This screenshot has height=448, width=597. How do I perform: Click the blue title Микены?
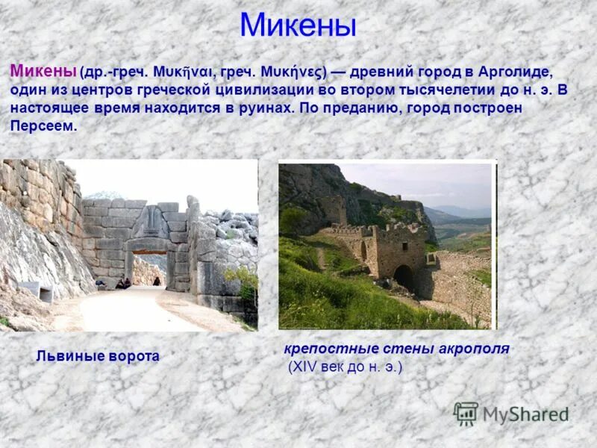click(298, 25)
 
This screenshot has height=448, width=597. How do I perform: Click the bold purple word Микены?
click(43, 72)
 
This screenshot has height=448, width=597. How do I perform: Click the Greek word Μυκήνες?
click(291, 73)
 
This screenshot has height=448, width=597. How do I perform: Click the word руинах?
click(257, 108)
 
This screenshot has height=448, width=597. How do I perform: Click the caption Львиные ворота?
click(98, 356)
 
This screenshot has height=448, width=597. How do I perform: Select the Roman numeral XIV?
click(306, 367)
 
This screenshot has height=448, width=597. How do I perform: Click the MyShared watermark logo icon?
click(466, 413)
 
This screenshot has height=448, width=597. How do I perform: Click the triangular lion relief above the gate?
click(151, 223)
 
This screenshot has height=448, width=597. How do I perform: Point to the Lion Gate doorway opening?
click(149, 269)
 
